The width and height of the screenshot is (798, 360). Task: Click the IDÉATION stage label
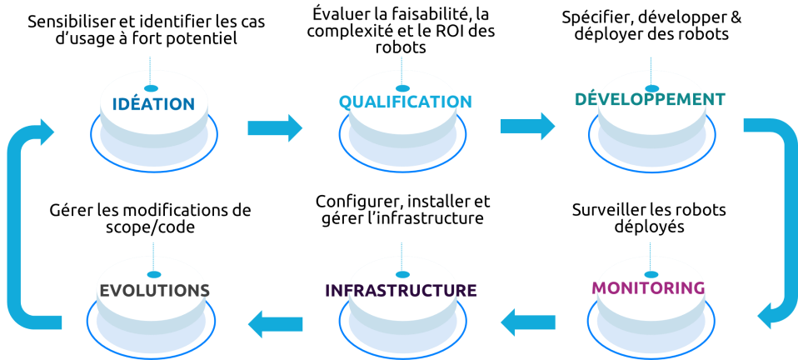point(154,104)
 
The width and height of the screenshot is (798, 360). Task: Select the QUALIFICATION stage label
point(406,102)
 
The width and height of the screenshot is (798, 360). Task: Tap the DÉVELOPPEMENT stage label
point(651,99)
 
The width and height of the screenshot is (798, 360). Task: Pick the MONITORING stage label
point(650,287)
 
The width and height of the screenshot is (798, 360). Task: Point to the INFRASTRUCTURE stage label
point(401,290)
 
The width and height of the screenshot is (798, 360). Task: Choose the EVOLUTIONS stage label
point(155,290)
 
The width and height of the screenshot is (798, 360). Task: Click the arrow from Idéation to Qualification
point(275,127)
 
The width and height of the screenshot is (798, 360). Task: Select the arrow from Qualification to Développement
point(528,127)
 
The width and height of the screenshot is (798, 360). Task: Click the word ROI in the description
point(448,32)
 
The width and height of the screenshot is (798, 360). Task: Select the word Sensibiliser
point(62,22)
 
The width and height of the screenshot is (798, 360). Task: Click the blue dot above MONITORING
point(651,274)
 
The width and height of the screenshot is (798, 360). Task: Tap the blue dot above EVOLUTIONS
point(154,275)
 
